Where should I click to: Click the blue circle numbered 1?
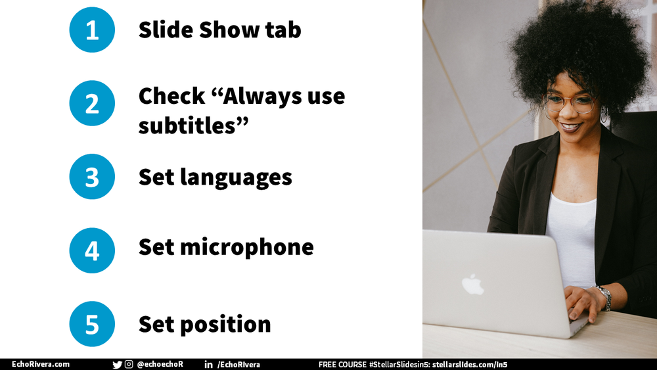(92, 30)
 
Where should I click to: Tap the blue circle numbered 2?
(92, 103)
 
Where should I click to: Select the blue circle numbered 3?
(92, 177)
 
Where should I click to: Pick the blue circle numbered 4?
(92, 250)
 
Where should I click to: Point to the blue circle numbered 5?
(92, 324)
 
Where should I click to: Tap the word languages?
(237, 177)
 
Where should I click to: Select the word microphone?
(247, 247)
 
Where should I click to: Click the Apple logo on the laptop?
(472, 284)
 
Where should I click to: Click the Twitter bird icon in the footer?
(117, 365)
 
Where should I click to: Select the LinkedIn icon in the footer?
(208, 365)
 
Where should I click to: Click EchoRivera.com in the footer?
(41, 365)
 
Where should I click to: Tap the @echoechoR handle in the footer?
(160, 365)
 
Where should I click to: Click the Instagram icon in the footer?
(129, 365)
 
